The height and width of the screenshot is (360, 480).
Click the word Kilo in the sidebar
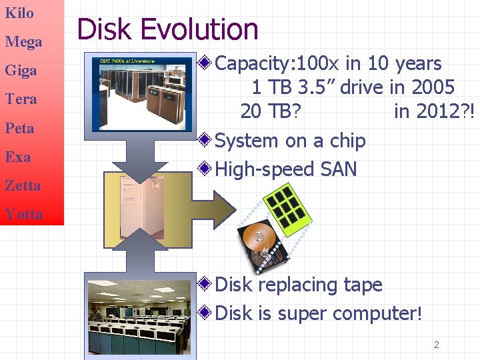click(19, 13)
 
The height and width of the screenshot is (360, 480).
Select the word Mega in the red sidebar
click(23, 42)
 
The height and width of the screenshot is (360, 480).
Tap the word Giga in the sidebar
click(21, 71)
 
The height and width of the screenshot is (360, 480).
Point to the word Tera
click(21, 99)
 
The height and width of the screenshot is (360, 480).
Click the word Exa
click(18, 157)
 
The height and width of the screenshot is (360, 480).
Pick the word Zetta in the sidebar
click(23, 185)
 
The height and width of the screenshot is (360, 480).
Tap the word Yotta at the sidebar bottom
click(23, 214)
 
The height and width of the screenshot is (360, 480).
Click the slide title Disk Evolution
click(167, 30)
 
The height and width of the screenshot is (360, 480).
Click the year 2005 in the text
click(433, 87)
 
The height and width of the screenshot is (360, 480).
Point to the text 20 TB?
click(270, 111)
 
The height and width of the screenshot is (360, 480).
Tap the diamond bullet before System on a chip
click(206, 140)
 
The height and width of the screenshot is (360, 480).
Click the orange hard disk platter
click(255, 237)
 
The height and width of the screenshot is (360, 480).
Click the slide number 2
click(437, 345)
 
